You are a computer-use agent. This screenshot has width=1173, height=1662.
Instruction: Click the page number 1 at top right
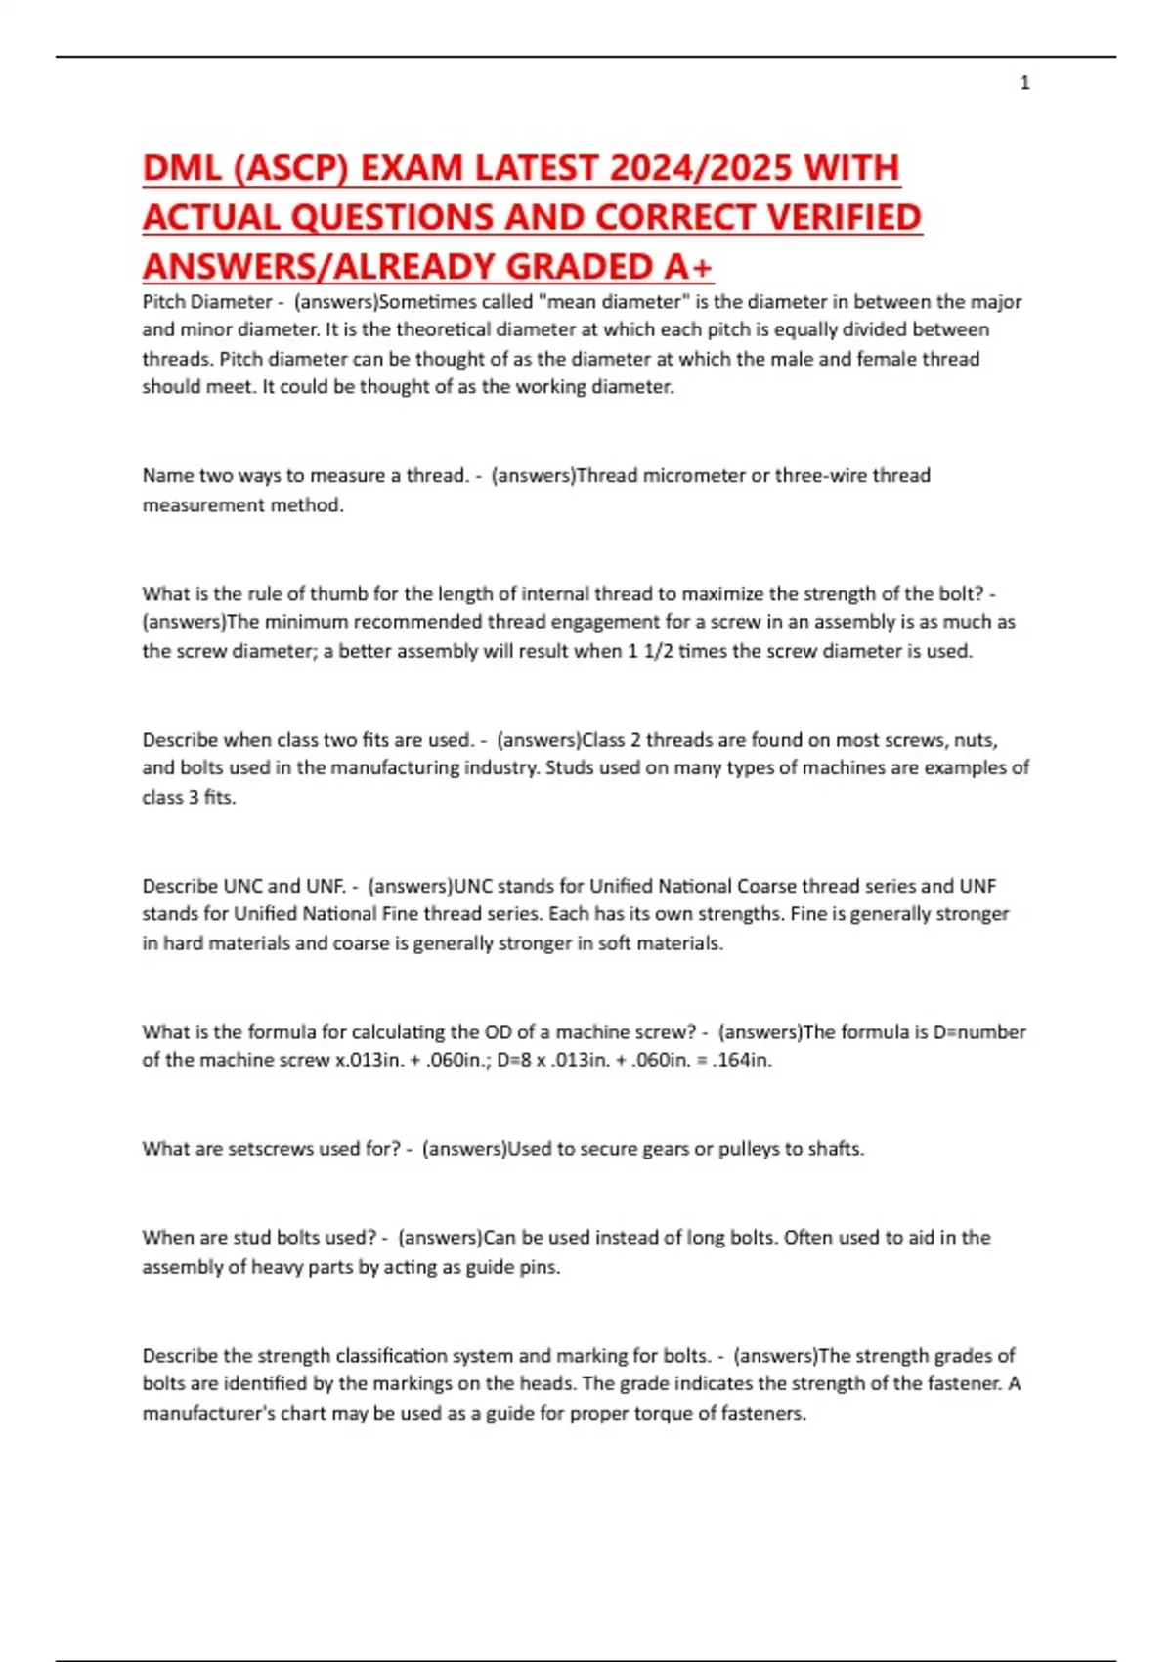tap(1024, 83)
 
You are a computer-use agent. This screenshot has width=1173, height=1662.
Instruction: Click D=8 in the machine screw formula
tap(518, 1061)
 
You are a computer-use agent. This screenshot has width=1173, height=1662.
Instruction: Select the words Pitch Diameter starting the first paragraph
tap(206, 302)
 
